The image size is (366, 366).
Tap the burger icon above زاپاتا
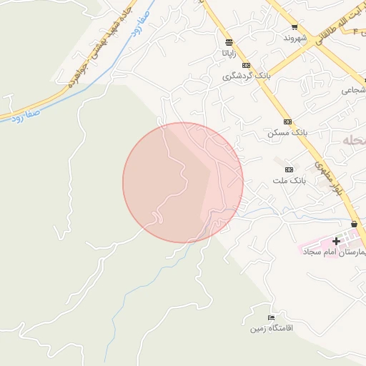click(x=228, y=42)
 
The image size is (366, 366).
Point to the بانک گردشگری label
click(x=247, y=76)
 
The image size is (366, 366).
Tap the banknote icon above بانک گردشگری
click(x=247, y=65)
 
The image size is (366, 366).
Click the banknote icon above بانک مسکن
click(x=287, y=122)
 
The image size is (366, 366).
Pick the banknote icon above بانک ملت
click(x=290, y=169)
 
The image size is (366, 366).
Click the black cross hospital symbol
click(x=336, y=242)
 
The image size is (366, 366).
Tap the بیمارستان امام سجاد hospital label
click(x=334, y=252)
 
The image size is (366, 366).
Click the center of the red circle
click(x=183, y=182)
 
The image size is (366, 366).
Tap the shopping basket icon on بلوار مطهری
click(x=355, y=224)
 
